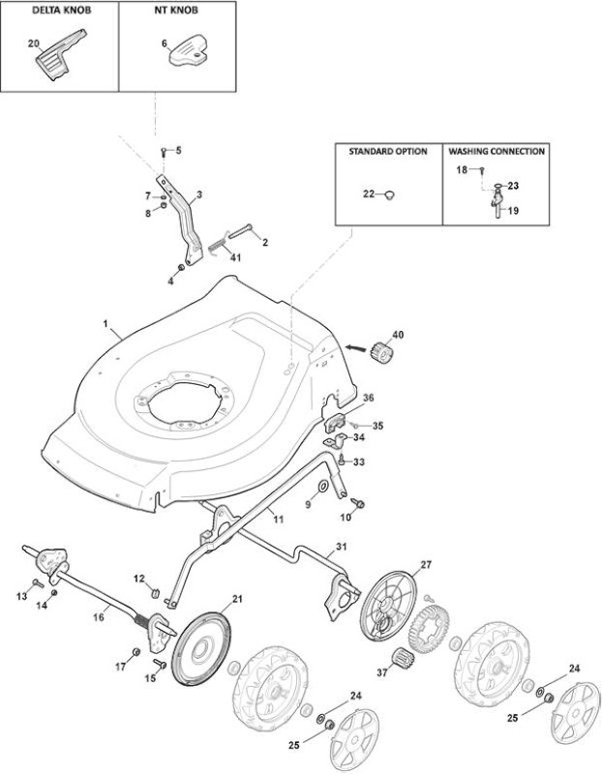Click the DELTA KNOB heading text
pos(62,11)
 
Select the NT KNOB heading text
pos(176,11)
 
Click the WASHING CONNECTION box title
pos(497,152)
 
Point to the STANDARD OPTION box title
pos(388,152)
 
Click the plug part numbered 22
pos(390,194)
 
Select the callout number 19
pos(513,211)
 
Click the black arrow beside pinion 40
pos(357,347)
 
